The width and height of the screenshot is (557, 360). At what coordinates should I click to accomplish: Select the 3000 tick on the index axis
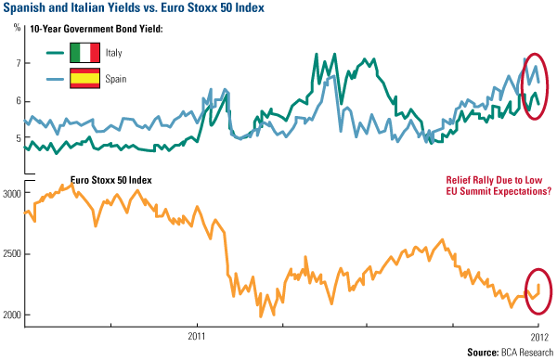[12, 193]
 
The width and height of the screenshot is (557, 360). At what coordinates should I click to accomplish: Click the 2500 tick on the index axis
[12, 253]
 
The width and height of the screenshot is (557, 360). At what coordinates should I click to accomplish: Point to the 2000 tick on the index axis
[12, 315]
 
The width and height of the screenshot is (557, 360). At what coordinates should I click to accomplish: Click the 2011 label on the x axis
[196, 334]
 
